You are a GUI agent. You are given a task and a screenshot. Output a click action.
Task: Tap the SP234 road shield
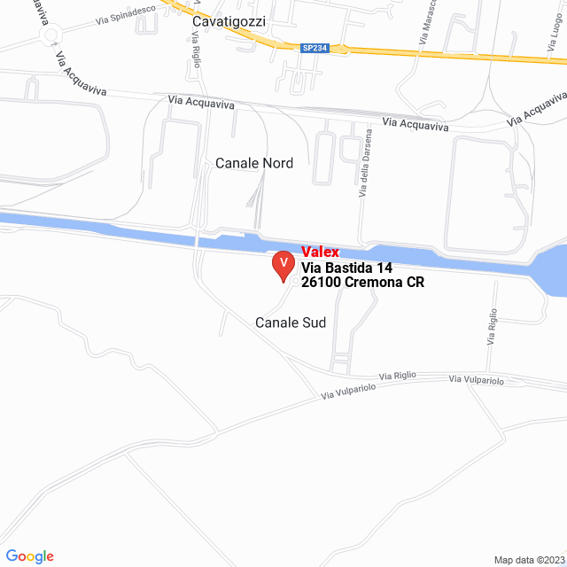[314, 48]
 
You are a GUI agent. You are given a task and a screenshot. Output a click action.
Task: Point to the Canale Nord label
[254, 163]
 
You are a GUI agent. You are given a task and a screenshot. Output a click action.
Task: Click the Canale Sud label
[291, 322]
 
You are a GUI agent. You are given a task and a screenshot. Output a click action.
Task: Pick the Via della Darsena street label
[364, 169]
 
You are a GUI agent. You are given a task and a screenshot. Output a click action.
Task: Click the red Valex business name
[320, 252]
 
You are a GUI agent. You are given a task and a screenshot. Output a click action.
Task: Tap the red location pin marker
[283, 265]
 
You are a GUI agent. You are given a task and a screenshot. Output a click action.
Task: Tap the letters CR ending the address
[416, 283]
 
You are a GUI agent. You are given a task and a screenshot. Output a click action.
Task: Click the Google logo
[30, 555]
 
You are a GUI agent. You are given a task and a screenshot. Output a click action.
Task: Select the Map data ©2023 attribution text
[529, 560]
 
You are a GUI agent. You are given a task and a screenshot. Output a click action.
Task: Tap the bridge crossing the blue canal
[197, 240]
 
